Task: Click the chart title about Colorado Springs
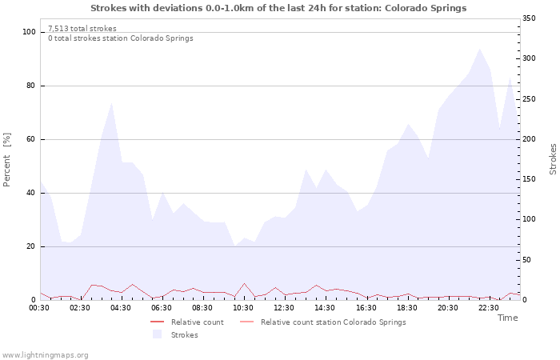coord(278,8)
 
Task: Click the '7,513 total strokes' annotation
coord(82,29)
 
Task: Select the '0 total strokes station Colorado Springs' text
coord(120,38)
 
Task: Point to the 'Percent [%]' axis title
coord(8,160)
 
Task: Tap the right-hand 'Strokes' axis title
coord(553,159)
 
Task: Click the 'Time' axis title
coord(507,318)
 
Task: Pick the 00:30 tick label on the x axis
coord(39,308)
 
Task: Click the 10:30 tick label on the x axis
coord(243,308)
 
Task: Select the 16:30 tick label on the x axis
coord(366,308)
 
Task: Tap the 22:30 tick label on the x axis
coord(488,308)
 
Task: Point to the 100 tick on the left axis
coord(30,32)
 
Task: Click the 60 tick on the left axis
coord(32,139)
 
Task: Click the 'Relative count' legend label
coord(197,322)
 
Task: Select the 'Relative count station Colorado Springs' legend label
coord(333,322)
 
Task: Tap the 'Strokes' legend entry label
coord(185,335)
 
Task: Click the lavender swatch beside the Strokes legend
coord(157,334)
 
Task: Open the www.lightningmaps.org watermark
coord(45,355)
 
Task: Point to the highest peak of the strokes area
coord(480,49)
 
